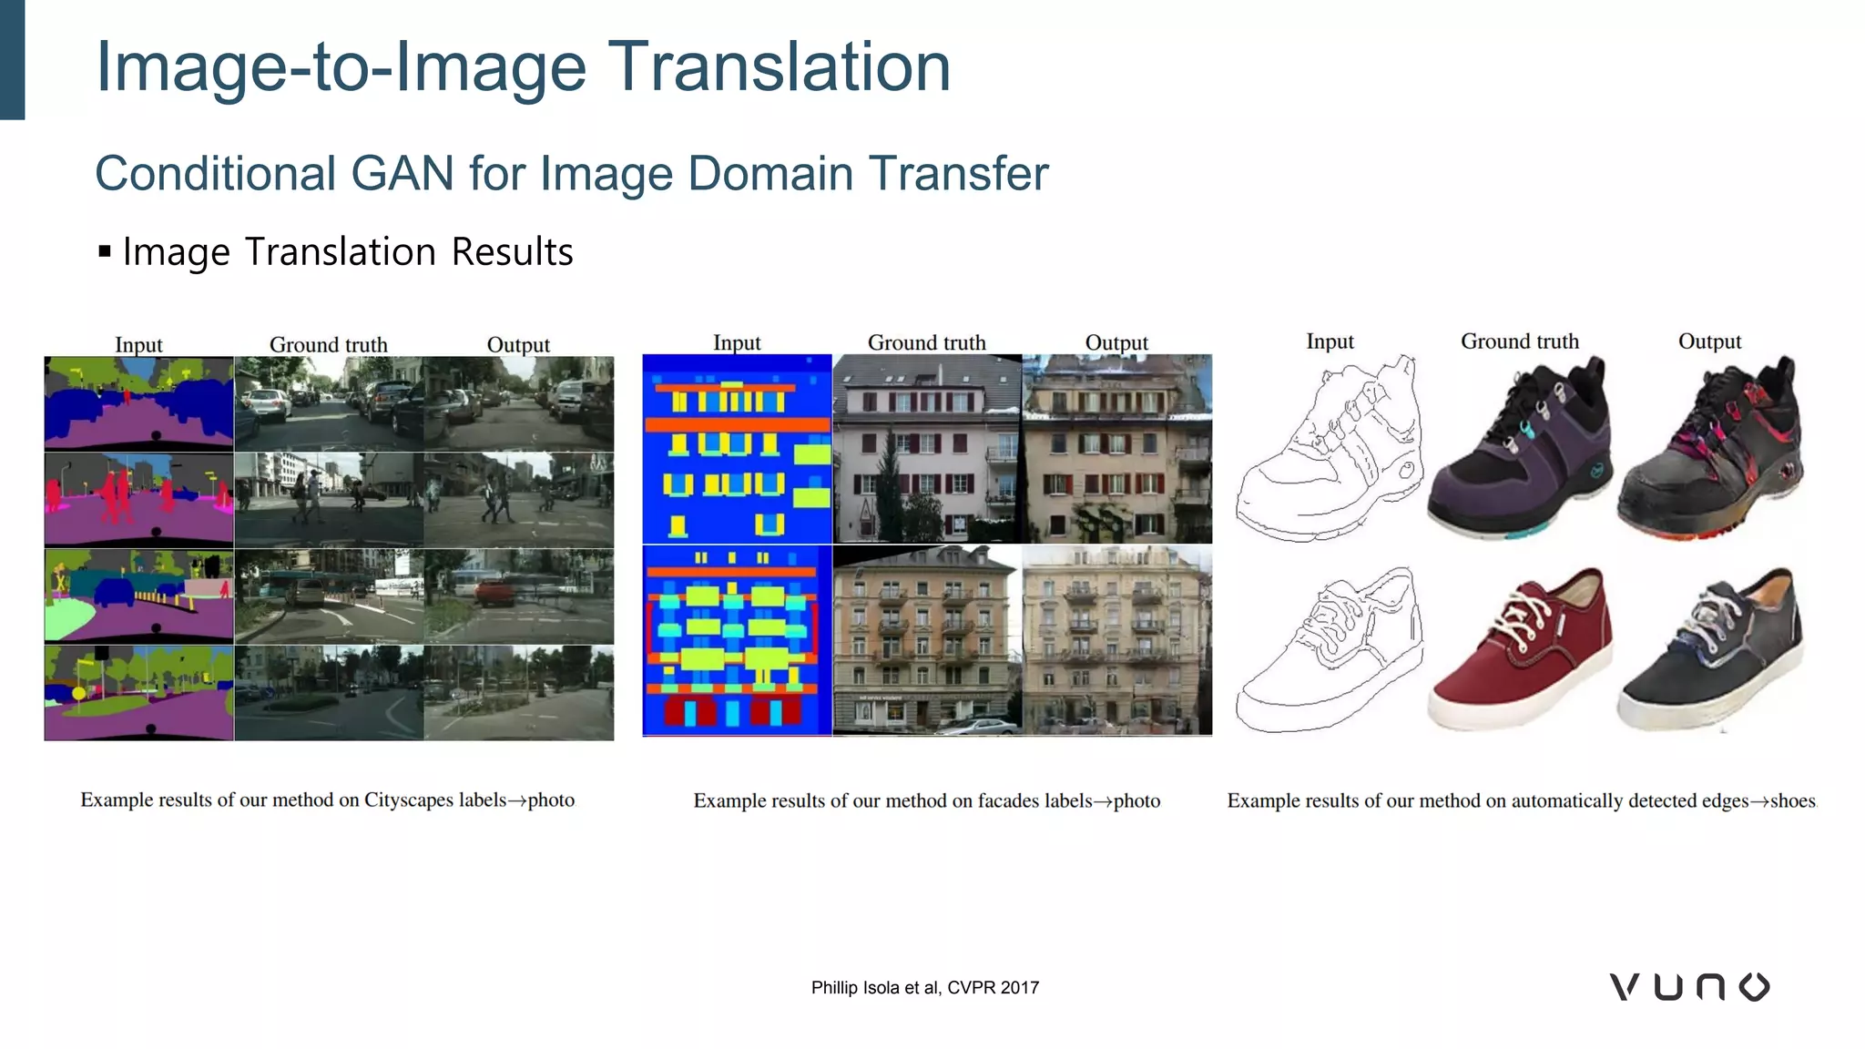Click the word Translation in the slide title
[779, 67]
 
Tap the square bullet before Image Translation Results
[105, 251]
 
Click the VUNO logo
[1689, 987]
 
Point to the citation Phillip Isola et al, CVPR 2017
[924, 988]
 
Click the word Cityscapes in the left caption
[408, 800]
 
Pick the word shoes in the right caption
[1792, 801]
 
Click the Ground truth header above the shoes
[1519, 341]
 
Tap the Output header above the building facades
[1116, 343]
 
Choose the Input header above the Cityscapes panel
[138, 345]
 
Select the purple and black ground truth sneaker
[1519, 448]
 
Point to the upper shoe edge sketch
[1328, 448]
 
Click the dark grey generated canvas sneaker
[1709, 648]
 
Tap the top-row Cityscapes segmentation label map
[138, 403]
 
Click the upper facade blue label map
[737, 448]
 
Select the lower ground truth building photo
[927, 639]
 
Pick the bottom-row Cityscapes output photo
[519, 693]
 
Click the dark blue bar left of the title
[12, 59]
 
